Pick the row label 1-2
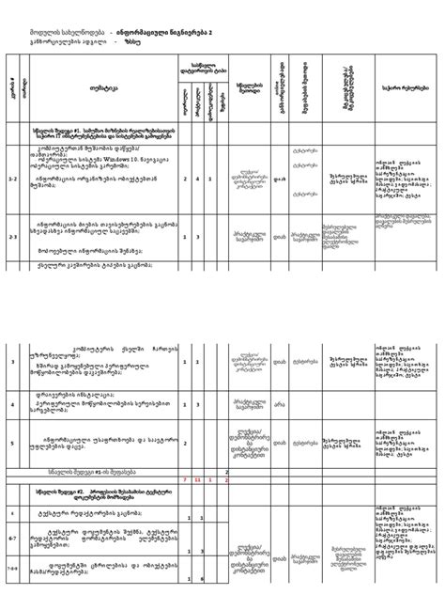12,176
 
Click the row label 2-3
12,238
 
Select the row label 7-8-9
12,570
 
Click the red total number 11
198,480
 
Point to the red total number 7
186,480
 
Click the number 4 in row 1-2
198,176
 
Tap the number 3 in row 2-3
198,238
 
